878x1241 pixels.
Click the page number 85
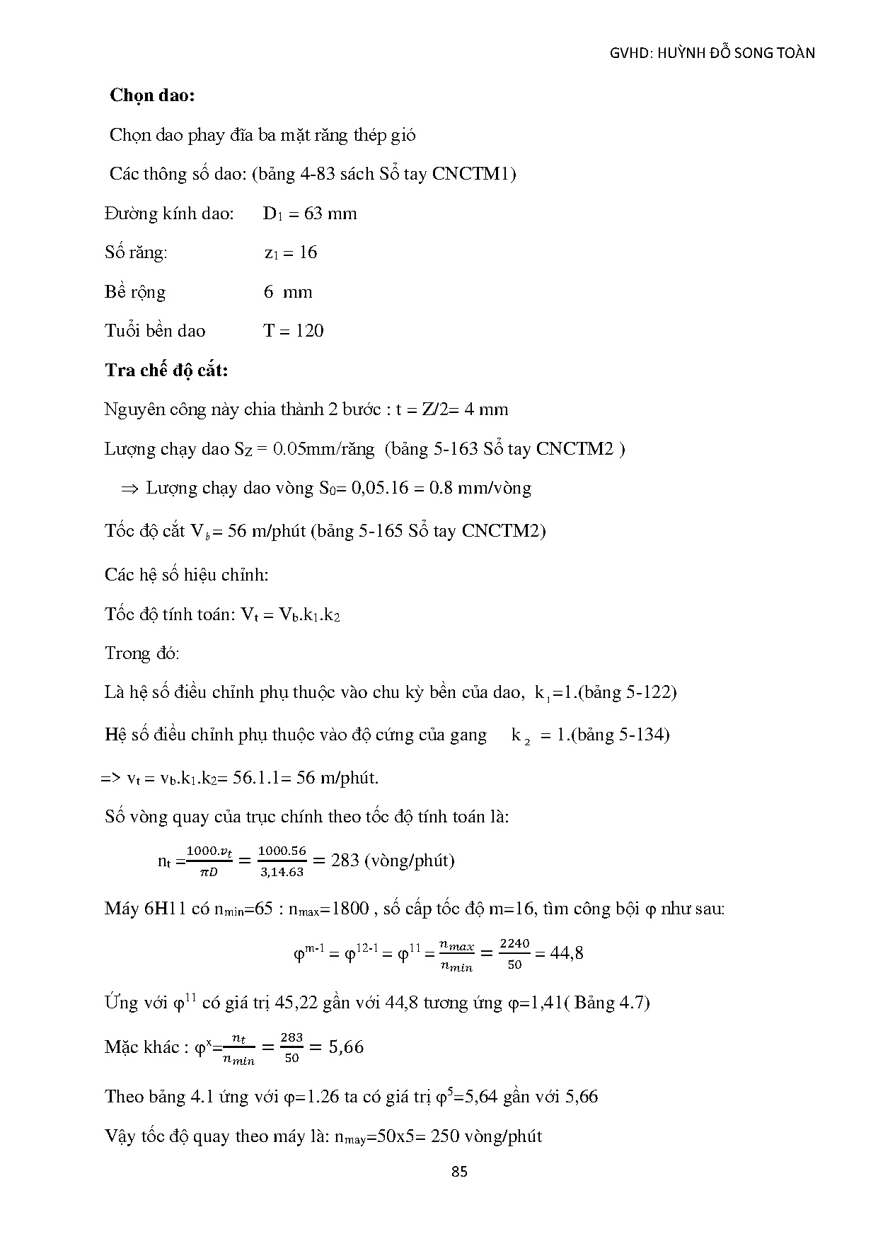(459, 1172)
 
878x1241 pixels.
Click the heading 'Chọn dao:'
(152, 95)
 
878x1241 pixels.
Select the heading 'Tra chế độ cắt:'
(166, 370)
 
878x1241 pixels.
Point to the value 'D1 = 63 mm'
(309, 214)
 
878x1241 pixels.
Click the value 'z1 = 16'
(291, 252)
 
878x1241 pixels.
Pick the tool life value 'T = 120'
(294, 331)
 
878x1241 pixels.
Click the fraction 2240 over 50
(514, 953)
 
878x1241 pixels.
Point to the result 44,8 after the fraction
(567, 953)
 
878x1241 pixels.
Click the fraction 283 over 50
(291, 1047)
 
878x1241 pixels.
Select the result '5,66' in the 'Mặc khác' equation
(346, 1047)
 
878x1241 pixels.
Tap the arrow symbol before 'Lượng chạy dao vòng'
(129, 489)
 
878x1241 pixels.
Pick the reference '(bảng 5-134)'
(620, 735)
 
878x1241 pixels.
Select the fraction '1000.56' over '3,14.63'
(282, 861)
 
